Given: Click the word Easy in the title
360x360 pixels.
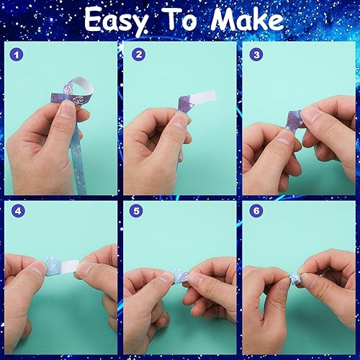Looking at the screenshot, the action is pyautogui.click(x=116, y=21).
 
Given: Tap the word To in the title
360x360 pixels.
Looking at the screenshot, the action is pyautogui.click(x=181, y=19).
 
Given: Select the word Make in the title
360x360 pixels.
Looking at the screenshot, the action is pyautogui.click(x=247, y=19).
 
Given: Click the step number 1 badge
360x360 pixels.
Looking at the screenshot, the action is pyautogui.click(x=17, y=55).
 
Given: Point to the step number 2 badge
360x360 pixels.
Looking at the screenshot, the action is pyautogui.click(x=139, y=55).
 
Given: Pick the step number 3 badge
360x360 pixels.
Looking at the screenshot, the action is pyautogui.click(x=256, y=55).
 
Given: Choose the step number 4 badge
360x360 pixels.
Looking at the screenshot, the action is pyautogui.click(x=18, y=211).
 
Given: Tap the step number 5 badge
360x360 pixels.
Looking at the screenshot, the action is pyautogui.click(x=136, y=211).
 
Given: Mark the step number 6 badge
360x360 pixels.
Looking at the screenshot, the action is pyautogui.click(x=256, y=211).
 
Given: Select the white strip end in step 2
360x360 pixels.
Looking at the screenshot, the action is pyautogui.click(x=203, y=96).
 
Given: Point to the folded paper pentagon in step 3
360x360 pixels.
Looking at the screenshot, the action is pyautogui.click(x=293, y=120).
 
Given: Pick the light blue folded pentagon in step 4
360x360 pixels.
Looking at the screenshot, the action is pyautogui.click(x=54, y=266).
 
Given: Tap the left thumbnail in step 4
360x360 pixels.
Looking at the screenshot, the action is pyautogui.click(x=38, y=269).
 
